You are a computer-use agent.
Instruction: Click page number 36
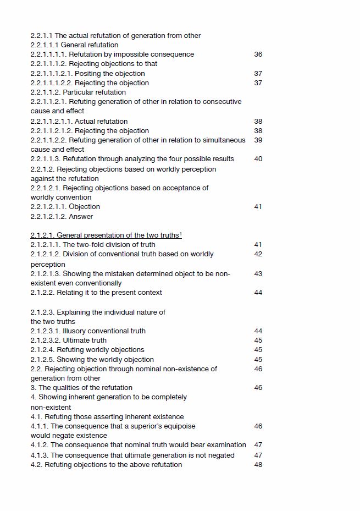258,54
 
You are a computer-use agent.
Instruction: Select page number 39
258,140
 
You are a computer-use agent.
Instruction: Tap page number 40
258,159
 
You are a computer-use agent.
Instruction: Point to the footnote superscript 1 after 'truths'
180,234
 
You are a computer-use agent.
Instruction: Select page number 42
258,254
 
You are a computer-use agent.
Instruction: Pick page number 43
258,273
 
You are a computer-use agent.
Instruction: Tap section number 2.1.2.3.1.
46,331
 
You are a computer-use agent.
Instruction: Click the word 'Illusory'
75,331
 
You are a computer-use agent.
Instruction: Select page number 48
258,465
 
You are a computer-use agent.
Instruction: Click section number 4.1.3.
40,455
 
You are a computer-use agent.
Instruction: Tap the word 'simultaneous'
223,140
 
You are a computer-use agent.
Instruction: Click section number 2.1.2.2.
43,293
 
